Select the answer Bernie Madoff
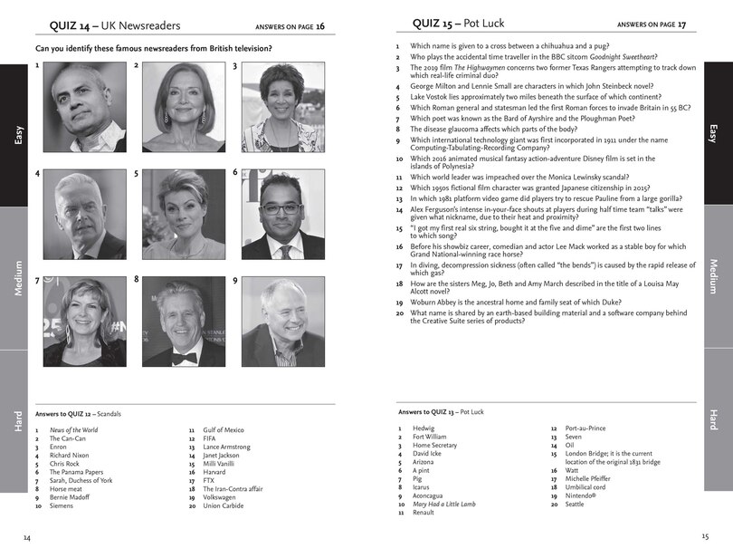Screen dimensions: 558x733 (x=71, y=496)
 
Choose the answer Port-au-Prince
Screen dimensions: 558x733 (x=585, y=428)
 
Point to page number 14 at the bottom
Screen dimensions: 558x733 (x=27, y=537)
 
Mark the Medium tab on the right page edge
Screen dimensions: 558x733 (x=714, y=276)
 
